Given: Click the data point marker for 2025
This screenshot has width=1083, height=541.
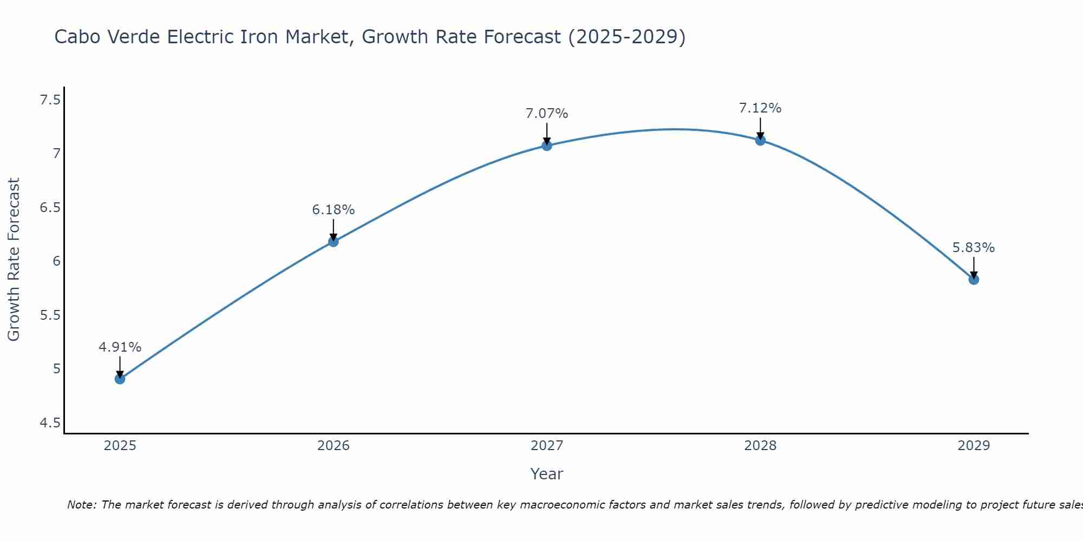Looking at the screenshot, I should (x=120, y=379).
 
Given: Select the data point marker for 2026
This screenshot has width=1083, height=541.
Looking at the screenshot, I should (x=334, y=241).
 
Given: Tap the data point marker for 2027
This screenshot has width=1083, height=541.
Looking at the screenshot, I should (x=547, y=146).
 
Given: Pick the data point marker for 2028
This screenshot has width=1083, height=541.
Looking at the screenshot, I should (x=760, y=140).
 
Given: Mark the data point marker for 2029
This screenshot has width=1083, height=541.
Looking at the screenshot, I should (x=974, y=279).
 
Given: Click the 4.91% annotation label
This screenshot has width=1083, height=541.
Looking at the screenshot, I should (x=120, y=347).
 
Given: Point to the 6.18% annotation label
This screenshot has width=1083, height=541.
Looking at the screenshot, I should (x=334, y=210).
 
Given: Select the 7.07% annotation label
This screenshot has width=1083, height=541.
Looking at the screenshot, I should (x=547, y=114).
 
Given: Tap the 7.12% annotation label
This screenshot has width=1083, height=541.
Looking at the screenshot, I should (x=760, y=108).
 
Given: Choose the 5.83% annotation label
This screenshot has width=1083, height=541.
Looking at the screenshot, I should (x=974, y=248).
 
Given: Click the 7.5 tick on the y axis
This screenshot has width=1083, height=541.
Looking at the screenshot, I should (x=50, y=100).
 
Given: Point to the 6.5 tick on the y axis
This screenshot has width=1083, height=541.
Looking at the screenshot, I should (x=50, y=208).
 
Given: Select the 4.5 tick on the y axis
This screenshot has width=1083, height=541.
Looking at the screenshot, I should (x=50, y=423).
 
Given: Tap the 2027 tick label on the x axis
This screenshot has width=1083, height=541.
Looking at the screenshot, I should (x=547, y=446).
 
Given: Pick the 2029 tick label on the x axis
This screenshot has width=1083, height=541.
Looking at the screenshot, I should (x=974, y=446).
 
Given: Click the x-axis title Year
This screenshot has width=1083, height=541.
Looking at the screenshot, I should (x=547, y=474).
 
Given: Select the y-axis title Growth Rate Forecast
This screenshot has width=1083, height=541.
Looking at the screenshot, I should (x=14, y=260).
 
